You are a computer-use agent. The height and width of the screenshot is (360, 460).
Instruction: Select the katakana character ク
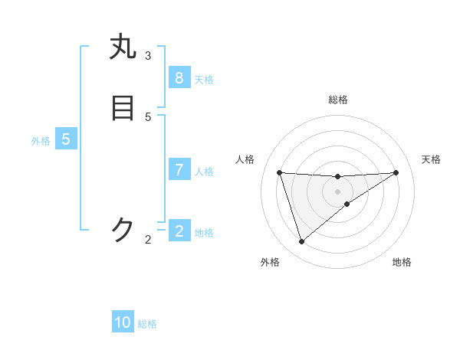coord(123,229)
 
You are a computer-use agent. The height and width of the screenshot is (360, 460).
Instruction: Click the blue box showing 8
coord(179,78)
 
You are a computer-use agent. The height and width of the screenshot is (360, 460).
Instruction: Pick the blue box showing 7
coord(179,170)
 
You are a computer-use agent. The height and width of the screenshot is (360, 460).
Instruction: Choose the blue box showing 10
coord(123,322)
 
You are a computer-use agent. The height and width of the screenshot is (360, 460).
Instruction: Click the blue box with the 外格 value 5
coord(66,139)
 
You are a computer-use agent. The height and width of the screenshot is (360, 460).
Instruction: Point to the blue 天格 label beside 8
coord(204,80)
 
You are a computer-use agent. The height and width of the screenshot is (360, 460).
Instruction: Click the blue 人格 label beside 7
coord(204,172)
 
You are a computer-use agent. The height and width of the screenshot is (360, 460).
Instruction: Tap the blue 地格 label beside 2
coord(204,233)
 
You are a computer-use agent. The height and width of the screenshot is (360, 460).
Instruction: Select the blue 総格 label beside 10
coord(147,324)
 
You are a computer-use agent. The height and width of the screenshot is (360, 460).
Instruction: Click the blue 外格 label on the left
coord(41,141)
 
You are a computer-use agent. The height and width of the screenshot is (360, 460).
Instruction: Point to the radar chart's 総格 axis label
coord(338,100)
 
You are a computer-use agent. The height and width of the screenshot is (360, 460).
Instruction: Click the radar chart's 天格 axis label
coord(431,159)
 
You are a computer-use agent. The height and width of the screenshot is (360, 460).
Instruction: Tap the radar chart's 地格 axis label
coord(402,262)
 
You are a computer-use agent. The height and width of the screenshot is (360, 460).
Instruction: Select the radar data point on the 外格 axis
coord(301,242)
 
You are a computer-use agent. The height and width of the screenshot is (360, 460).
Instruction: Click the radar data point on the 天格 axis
coord(396,172)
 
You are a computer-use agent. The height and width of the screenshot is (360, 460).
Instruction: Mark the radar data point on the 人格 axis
coord(279,172)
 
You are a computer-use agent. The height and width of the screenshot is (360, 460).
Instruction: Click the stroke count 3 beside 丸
coord(148,55)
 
